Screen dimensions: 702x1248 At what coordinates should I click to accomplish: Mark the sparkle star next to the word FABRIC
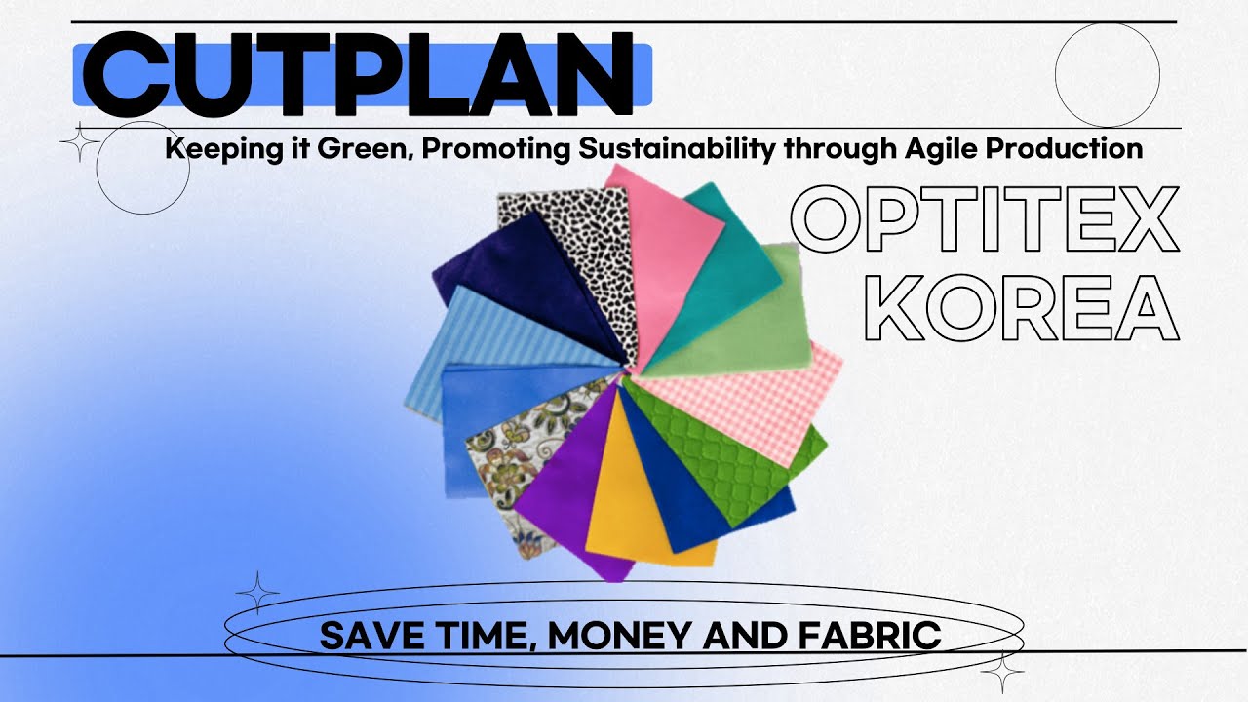point(1002,672)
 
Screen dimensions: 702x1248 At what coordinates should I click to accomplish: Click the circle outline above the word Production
point(1108,75)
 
